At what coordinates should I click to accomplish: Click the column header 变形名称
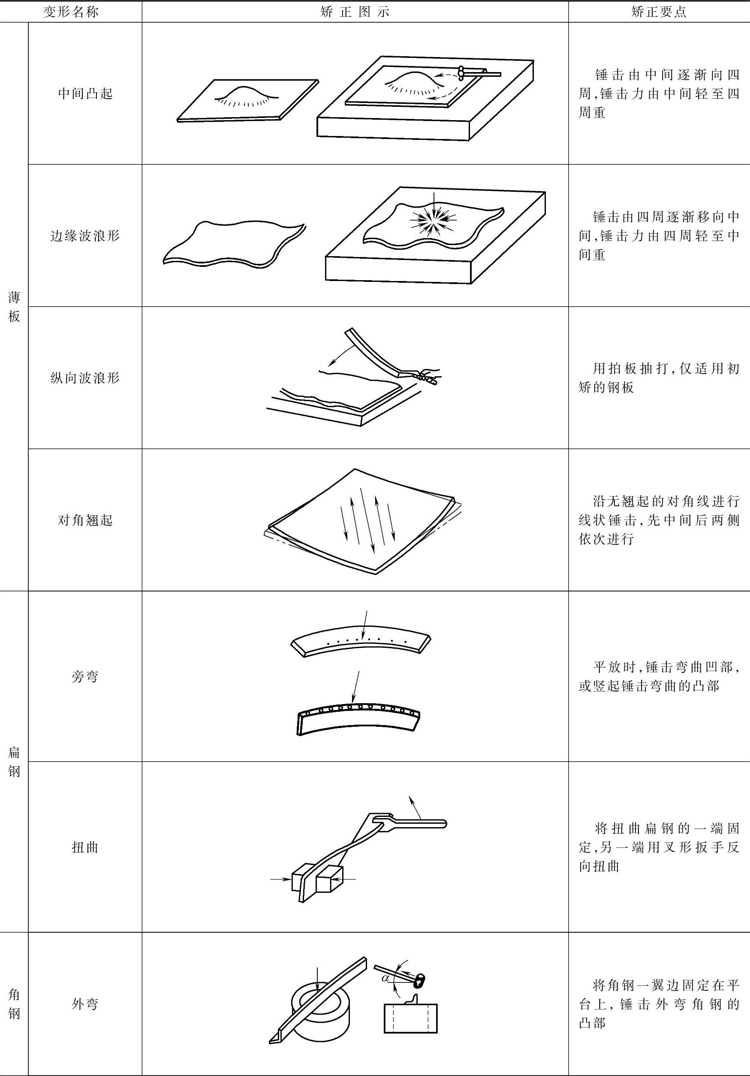coord(71,12)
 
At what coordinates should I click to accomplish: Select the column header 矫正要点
coord(659,12)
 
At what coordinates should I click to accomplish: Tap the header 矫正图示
coord(355,12)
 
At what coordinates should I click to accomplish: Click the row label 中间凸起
coord(85,94)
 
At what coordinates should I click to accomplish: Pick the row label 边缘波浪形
coord(85,235)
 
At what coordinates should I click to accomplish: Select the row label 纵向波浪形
coord(85,378)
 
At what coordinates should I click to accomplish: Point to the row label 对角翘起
coord(85,520)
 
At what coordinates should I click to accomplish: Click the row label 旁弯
coord(85,676)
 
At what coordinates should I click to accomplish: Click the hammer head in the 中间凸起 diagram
coord(462,72)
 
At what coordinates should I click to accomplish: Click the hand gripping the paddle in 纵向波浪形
coord(426,375)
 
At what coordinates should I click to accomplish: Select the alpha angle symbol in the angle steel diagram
coord(386,978)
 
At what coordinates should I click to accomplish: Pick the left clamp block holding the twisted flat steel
coord(299,880)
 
